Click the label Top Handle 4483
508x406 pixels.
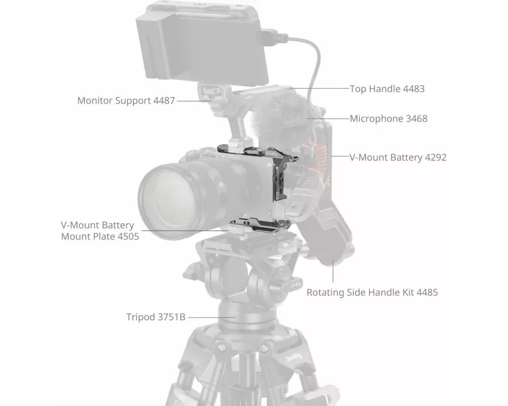point(387,89)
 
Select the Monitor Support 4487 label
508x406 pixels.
point(125,100)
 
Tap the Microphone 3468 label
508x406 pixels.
point(389,119)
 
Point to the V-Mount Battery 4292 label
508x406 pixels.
point(398,157)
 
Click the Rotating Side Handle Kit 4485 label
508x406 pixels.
point(372,292)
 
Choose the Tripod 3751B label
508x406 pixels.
point(155,317)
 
